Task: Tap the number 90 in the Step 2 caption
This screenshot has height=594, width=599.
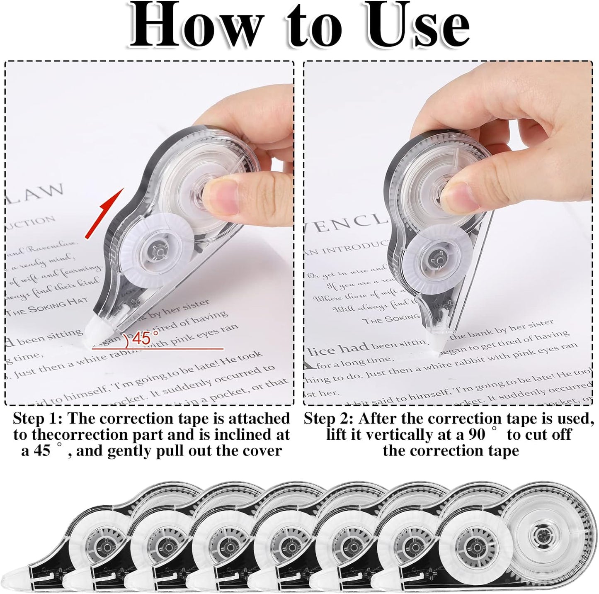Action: pyautogui.click(x=477, y=434)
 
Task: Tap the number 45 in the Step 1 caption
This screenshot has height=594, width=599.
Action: pyautogui.click(x=41, y=450)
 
